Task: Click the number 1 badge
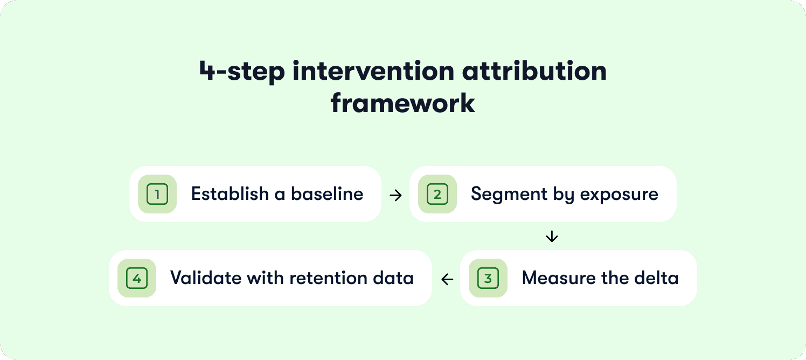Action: click(157, 194)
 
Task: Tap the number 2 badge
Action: click(437, 194)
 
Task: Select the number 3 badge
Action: click(488, 278)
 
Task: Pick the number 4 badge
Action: click(137, 278)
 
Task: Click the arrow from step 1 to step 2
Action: click(395, 195)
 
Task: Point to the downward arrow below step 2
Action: click(552, 236)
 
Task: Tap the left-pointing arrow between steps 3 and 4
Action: click(447, 279)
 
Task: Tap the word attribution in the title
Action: click(540, 72)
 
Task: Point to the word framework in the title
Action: click(403, 102)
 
